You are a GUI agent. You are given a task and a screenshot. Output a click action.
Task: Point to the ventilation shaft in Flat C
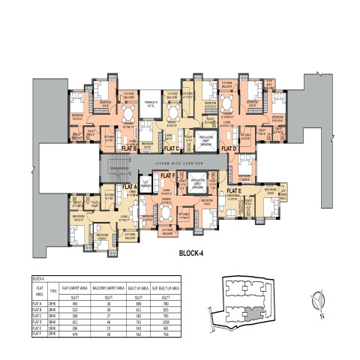click(207, 139)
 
